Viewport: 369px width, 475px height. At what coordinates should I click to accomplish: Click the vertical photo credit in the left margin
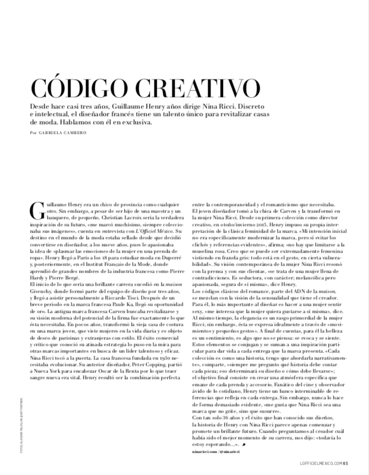(x=20, y=403)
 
